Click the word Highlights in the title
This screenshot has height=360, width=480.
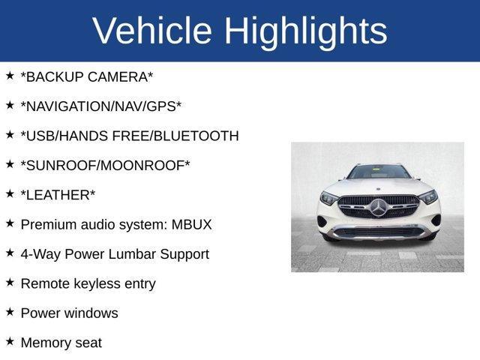(305, 31)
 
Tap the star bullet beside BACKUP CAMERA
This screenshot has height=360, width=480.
(10, 76)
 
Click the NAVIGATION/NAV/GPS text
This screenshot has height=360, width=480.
(101, 106)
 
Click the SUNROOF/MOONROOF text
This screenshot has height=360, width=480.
(105, 165)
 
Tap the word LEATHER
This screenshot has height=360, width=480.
(59, 195)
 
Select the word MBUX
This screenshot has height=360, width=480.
(191, 224)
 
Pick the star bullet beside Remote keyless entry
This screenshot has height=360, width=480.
(10, 282)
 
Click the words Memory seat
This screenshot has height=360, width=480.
(61, 343)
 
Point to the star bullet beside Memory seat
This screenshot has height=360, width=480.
(10, 341)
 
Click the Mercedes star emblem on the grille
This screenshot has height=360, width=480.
(378, 206)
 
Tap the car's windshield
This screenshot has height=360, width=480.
(379, 172)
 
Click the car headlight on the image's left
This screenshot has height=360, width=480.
(329, 199)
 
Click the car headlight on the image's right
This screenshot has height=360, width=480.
(427, 197)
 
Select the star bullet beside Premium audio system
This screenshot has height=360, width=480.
(10, 223)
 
